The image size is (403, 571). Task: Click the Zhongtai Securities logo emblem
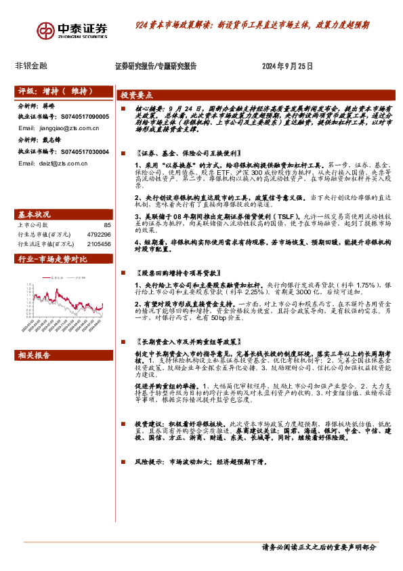pos(47,31)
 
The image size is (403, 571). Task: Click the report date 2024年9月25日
pos(287,66)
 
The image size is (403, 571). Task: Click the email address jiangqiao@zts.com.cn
pos(65,127)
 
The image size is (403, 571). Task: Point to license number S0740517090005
pos(80,117)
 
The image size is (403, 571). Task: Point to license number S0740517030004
pos(80,152)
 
